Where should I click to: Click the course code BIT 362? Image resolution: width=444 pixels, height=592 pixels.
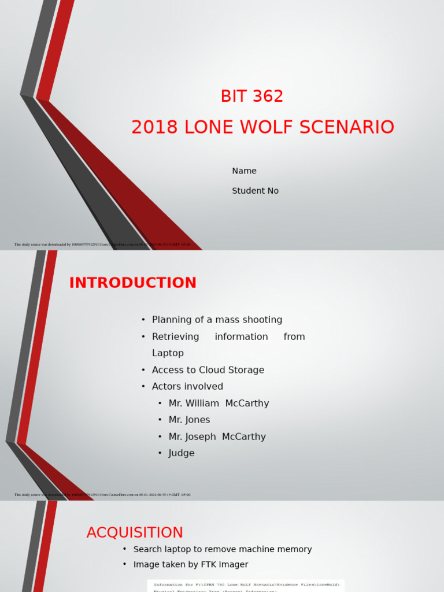(x=252, y=97)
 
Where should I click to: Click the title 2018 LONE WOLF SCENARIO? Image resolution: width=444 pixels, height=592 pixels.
(x=262, y=127)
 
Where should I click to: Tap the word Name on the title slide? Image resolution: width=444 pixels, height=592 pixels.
(x=244, y=171)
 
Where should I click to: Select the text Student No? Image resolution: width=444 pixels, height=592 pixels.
(x=255, y=191)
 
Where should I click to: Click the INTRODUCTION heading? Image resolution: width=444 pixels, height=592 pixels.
(x=133, y=283)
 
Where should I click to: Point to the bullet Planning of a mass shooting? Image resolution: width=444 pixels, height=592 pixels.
(x=217, y=320)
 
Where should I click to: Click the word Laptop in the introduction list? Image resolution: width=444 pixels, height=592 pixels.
(x=168, y=353)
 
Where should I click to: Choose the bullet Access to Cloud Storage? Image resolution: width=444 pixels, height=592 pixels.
(x=208, y=370)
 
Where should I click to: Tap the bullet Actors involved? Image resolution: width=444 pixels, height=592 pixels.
(x=187, y=387)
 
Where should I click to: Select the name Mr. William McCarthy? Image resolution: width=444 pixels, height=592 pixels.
(x=219, y=404)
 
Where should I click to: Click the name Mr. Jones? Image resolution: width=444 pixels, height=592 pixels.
(x=189, y=420)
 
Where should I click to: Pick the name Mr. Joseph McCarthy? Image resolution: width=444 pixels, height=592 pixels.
(x=217, y=437)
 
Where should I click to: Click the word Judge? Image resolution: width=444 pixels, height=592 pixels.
(x=182, y=453)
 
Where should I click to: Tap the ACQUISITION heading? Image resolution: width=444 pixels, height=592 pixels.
(x=135, y=532)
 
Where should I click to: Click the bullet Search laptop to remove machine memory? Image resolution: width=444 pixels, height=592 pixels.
(x=222, y=549)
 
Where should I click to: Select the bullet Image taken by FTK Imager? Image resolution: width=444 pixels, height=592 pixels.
(x=190, y=565)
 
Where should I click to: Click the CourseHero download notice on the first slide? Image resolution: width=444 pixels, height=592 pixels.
(x=102, y=245)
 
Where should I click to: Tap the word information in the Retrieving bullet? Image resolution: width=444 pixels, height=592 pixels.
(x=241, y=336)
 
